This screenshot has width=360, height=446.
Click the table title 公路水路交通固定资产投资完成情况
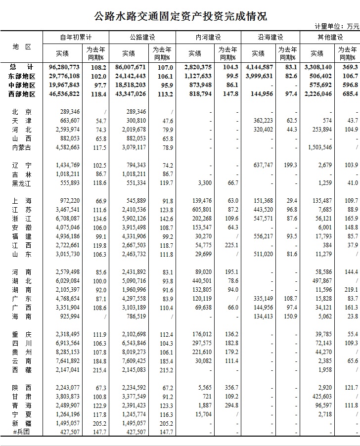coord(180,16)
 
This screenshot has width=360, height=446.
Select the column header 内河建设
coord(208,37)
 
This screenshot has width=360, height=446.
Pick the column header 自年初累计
coord(76,37)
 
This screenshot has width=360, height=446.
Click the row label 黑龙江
coord(21,183)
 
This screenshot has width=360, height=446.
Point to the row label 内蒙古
coord(21,147)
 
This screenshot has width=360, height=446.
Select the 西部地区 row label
coord(22,93)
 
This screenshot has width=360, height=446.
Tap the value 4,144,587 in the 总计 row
coord(258,67)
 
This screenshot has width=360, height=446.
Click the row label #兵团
coord(21,432)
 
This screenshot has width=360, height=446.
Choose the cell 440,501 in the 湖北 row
coord(201,281)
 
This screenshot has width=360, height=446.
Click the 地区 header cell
coord(21,46)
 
